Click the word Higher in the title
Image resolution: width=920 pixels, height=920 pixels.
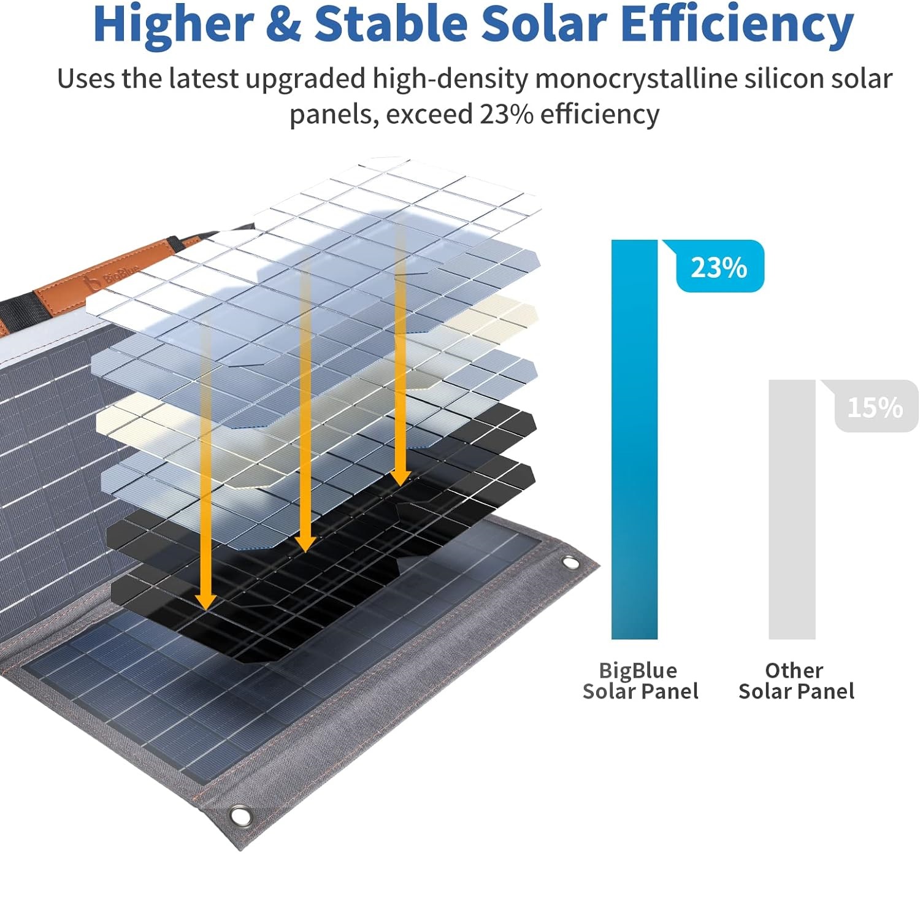click(173, 25)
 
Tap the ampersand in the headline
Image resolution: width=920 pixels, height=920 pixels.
click(283, 25)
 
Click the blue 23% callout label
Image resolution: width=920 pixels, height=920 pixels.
click(719, 267)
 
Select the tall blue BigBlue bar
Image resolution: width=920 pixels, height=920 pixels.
click(634, 439)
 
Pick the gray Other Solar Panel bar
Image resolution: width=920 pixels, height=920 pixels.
click(792, 509)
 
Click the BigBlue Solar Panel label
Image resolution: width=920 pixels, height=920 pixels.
click(640, 681)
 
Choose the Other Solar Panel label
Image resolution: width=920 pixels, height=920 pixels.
click(796, 681)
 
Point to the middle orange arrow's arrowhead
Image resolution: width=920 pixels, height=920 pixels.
click(305, 542)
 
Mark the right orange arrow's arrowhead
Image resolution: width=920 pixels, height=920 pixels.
click(400, 476)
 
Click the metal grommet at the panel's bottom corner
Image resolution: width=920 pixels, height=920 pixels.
click(240, 816)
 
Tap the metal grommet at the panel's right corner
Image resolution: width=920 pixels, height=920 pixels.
click(570, 563)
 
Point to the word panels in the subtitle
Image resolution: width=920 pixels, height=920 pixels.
click(330, 115)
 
